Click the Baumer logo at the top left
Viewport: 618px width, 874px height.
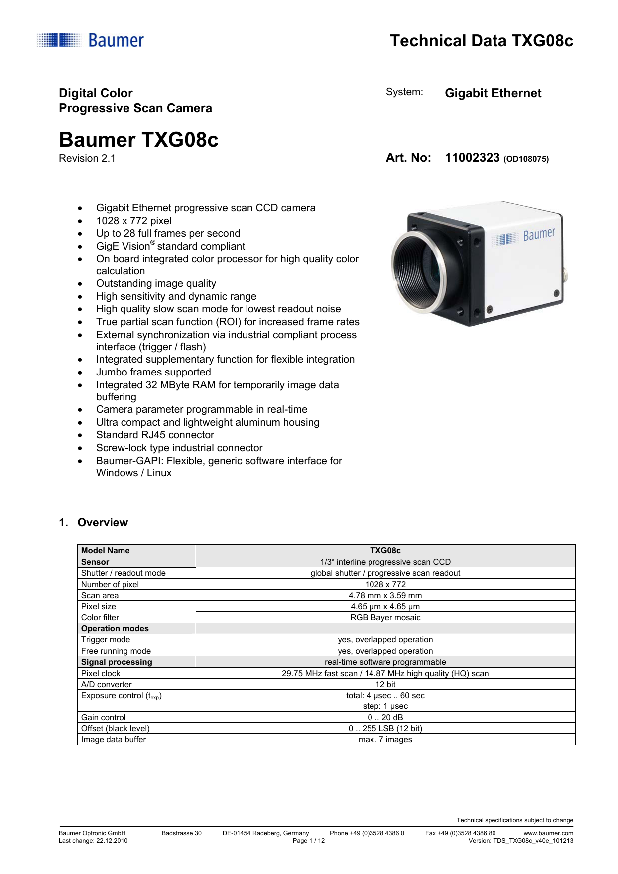coord(90,40)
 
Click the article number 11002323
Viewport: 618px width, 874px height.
coord(472,158)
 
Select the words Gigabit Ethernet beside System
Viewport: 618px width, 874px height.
coord(493,93)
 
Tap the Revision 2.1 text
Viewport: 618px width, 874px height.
coord(87,159)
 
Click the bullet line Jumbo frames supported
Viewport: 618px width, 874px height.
coord(153,372)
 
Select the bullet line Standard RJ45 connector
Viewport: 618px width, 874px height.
coord(155,435)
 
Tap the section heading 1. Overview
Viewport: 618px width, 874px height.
coord(93,523)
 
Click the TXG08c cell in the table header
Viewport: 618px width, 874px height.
coord(385,550)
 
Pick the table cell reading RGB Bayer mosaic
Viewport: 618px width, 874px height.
coord(385,618)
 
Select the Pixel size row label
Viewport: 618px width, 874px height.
coord(99,607)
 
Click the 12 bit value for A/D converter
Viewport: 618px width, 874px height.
coord(385,685)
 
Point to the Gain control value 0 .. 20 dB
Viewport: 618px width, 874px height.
coord(385,718)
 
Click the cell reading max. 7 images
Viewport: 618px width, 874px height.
coord(385,740)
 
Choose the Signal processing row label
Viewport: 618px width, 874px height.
coord(117,662)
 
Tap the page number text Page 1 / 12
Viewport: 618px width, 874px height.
coord(309,841)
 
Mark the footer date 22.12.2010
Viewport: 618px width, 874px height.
coord(112,841)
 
